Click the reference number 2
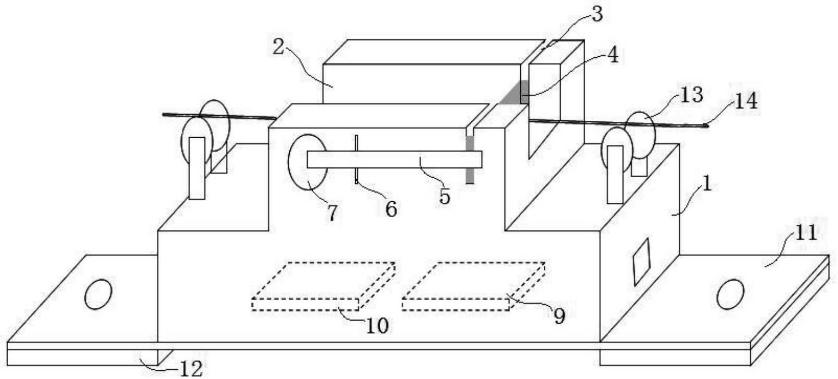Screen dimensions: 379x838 tap(278, 47)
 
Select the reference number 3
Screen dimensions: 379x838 tap(596, 14)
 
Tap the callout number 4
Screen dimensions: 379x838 tap(612, 55)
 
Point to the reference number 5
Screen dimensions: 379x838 tap(444, 196)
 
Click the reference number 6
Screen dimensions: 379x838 tap(391, 209)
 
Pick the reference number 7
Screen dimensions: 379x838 tap(332, 212)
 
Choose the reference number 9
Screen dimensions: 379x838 tap(558, 316)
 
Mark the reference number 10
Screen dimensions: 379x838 tap(377, 326)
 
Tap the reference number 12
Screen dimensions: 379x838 tap(191, 369)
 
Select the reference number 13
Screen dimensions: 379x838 tap(691, 95)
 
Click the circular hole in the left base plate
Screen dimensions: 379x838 tap(99, 294)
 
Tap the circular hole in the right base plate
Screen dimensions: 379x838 tap(730, 294)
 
